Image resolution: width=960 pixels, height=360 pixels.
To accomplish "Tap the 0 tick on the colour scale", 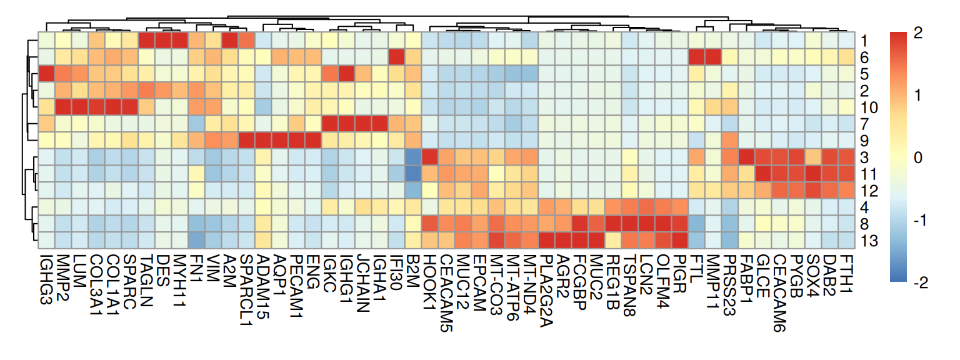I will [x=917, y=158].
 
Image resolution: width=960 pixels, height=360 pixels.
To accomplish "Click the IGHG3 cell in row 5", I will [x=46, y=74].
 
